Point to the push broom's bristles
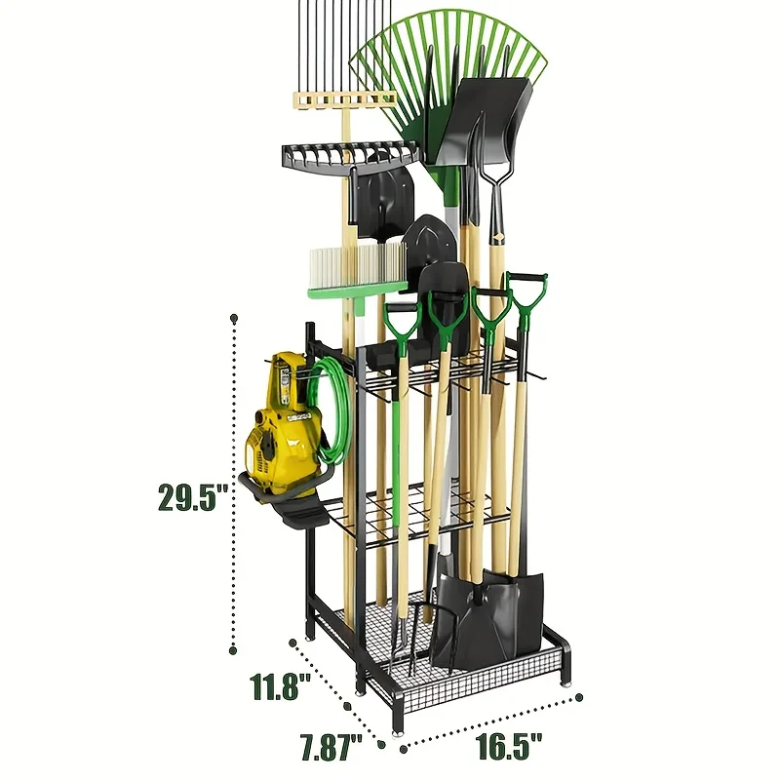tap(357, 262)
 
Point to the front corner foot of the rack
tap(397, 727)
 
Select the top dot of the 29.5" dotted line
tap(234, 318)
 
